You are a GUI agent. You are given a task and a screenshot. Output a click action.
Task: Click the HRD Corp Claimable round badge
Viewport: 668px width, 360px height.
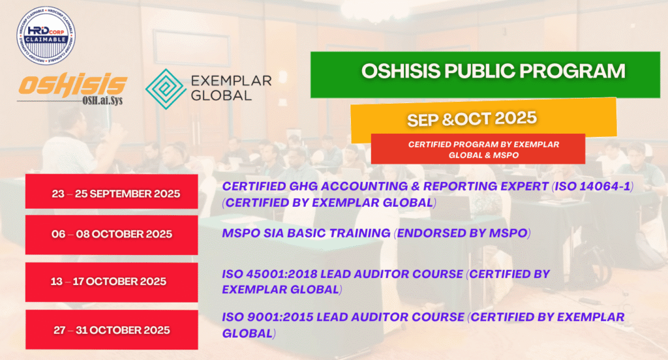tap(46, 36)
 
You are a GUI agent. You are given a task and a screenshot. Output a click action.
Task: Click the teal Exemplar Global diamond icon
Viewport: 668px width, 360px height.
tap(166, 89)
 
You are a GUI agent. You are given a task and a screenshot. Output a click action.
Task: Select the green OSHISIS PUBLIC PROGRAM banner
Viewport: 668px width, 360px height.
tap(485, 75)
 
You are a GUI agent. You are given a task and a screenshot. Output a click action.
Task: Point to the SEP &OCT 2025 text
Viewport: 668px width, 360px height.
tap(472, 119)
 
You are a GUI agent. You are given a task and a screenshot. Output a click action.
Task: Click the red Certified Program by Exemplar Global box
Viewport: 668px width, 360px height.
tap(478, 149)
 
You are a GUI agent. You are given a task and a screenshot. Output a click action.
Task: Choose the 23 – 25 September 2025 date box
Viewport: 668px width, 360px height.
tap(112, 191)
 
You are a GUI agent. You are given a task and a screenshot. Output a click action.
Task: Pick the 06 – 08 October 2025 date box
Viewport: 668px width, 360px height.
tap(112, 235)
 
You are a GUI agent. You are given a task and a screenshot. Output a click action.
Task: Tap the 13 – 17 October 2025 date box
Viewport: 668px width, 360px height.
tap(112, 282)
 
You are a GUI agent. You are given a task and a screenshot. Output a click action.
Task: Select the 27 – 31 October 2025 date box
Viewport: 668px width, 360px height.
tap(112, 330)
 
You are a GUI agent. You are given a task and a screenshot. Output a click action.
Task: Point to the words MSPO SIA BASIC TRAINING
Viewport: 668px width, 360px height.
tap(307, 233)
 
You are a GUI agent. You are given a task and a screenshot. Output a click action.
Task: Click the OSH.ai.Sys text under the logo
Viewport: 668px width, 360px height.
tap(102, 100)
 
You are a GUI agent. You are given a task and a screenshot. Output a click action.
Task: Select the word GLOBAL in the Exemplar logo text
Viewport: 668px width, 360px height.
tap(221, 95)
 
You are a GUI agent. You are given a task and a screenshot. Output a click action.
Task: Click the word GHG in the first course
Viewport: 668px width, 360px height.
tap(303, 186)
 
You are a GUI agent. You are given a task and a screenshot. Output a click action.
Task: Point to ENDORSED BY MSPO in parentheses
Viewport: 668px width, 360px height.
tap(463, 233)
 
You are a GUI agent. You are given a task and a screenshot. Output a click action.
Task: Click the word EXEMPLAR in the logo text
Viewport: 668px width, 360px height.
tap(231, 80)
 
